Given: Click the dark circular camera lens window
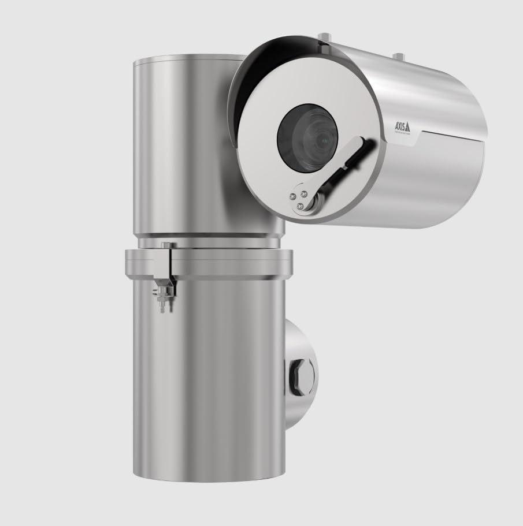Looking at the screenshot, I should point(307,136).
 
